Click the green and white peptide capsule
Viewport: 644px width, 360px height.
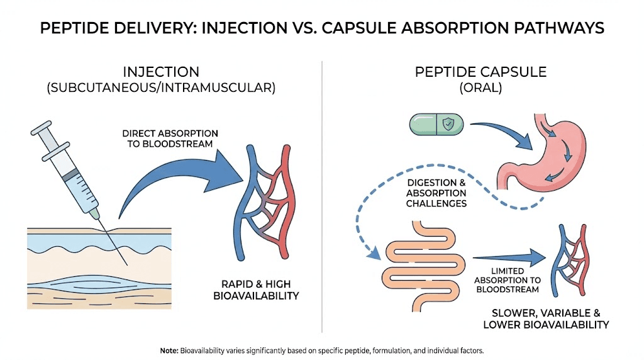coord(436,123)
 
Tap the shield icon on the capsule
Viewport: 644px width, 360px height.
coord(448,123)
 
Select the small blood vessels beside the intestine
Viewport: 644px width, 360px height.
coord(573,258)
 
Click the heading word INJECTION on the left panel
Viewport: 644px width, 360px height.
coord(161,72)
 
